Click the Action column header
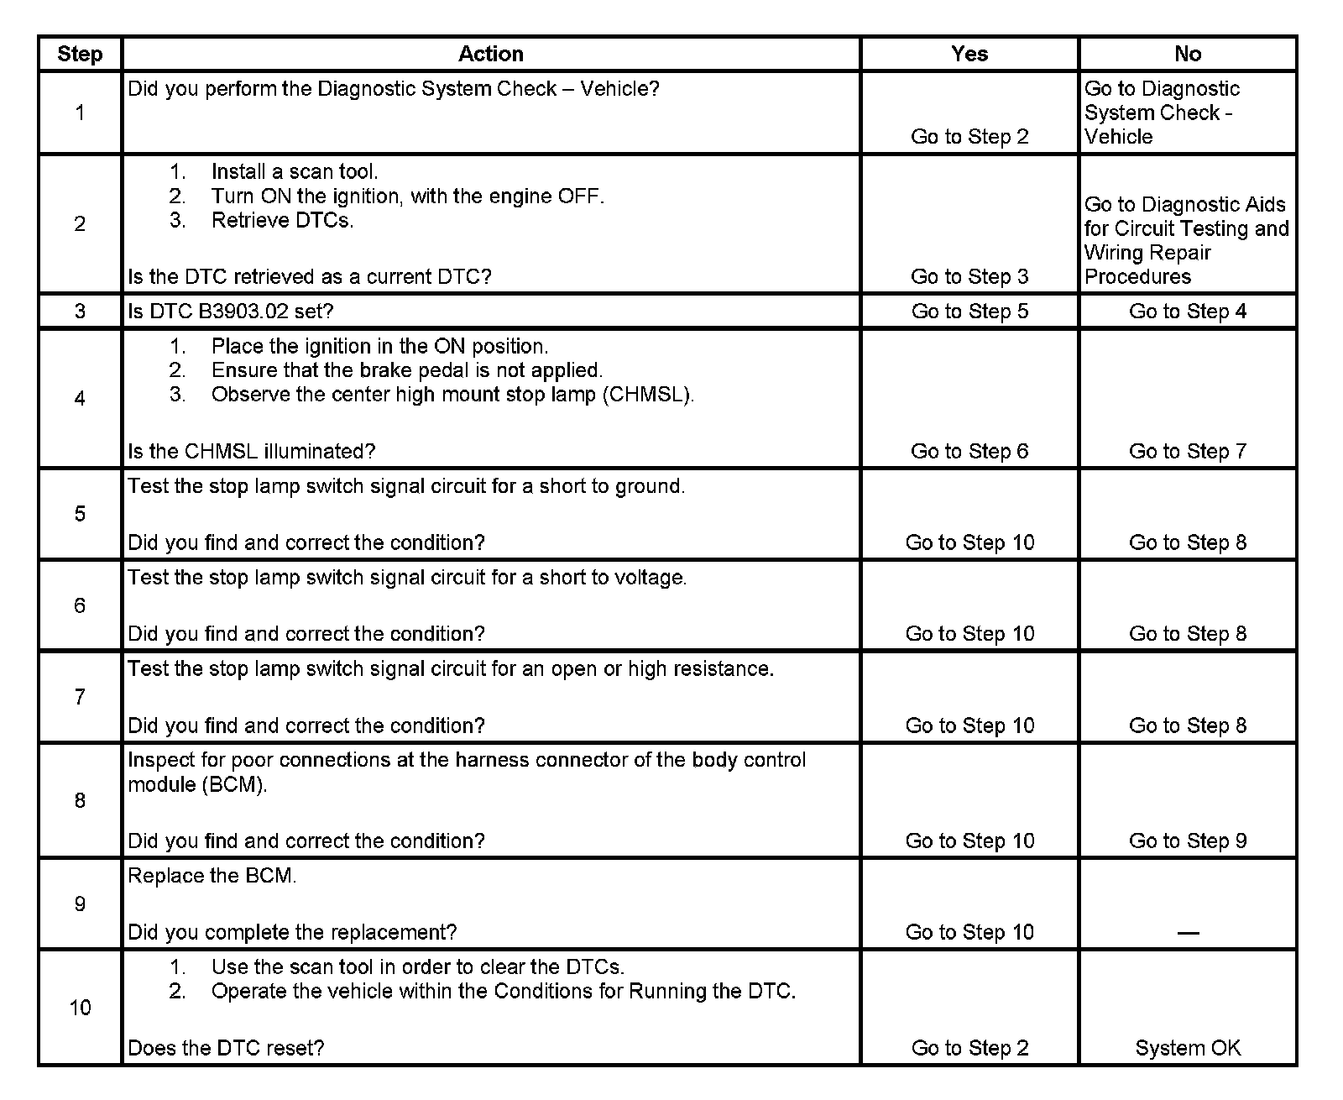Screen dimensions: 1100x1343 coord(491,54)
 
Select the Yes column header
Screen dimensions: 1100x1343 coord(969,54)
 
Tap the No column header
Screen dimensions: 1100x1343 coord(1188,54)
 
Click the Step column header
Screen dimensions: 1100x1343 coord(80,54)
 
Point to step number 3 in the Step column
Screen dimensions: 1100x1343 coord(80,312)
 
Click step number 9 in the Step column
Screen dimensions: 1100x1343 coord(80,904)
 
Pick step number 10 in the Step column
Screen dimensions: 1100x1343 coord(80,1008)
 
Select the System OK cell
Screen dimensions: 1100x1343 coord(1188,1048)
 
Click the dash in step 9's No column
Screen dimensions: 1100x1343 coord(1188,932)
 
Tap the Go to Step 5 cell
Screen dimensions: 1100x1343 coord(969,312)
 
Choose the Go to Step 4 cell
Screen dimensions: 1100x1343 coord(1188,312)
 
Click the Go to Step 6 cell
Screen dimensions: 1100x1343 coord(969,452)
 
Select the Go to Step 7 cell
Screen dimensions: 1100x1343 coord(1188,452)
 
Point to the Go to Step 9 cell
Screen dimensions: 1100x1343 coord(1188,841)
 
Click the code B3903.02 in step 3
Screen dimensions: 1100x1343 coord(242,312)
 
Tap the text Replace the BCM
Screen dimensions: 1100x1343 coord(212,876)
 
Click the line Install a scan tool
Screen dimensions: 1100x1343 coord(295,172)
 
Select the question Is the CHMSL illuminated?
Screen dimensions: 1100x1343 coord(252,452)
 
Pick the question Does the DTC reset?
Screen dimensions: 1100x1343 coord(226,1048)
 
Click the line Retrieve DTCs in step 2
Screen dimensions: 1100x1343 coord(283,220)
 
